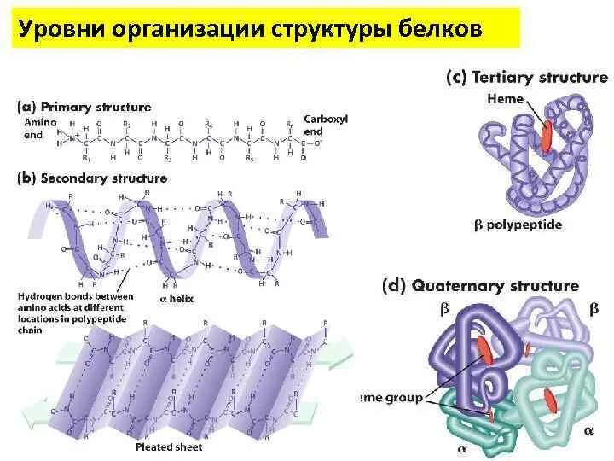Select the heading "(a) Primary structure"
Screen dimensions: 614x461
pos(84,107)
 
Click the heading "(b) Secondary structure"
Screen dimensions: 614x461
pos(92,178)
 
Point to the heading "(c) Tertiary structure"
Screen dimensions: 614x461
pos(526,77)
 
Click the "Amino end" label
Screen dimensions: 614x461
pos(32,128)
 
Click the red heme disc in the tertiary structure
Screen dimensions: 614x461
pos(547,137)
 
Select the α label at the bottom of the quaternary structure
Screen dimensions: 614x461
pos(461,446)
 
